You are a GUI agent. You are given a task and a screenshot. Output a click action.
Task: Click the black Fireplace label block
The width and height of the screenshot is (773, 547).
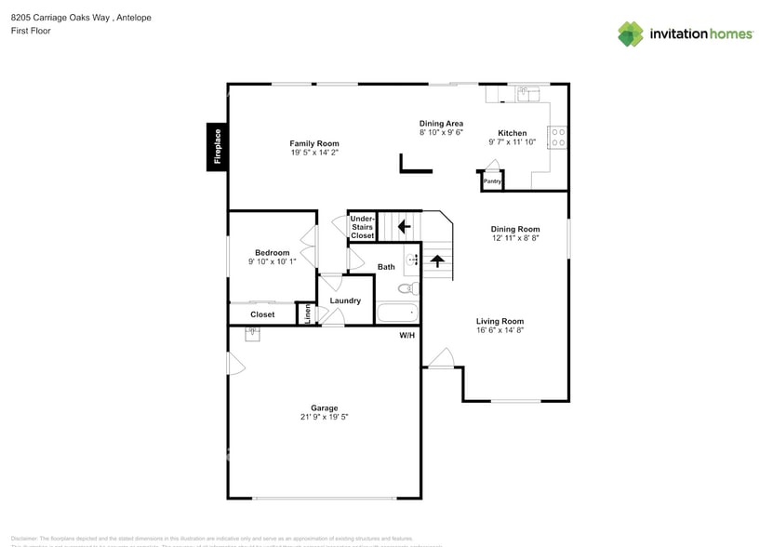pos(218,147)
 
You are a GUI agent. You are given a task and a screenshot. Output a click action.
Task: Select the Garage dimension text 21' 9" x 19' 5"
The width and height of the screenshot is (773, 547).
pos(324,417)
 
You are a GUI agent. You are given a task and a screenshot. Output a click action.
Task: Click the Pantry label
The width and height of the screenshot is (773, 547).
pos(492,181)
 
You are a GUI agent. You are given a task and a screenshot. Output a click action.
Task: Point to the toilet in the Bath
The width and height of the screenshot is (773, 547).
pos(406,288)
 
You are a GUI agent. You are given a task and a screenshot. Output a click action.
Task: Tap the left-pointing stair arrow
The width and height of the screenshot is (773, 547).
pos(404,225)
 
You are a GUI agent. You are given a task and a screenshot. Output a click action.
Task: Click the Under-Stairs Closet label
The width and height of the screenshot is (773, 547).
pos(362,227)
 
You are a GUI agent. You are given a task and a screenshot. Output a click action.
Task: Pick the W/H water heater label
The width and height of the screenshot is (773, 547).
pos(406,335)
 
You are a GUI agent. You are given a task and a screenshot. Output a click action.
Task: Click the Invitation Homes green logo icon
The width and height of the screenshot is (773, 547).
pos(631,34)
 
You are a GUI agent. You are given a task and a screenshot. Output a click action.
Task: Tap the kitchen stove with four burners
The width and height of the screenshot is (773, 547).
pos(558,138)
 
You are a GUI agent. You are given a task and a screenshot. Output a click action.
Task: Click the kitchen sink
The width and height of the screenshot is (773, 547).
pos(528,92)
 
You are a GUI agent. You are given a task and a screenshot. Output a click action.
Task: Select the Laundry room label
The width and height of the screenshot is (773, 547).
pos(345,300)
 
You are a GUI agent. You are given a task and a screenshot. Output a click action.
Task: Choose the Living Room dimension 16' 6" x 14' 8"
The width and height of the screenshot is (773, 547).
pos(500,330)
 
